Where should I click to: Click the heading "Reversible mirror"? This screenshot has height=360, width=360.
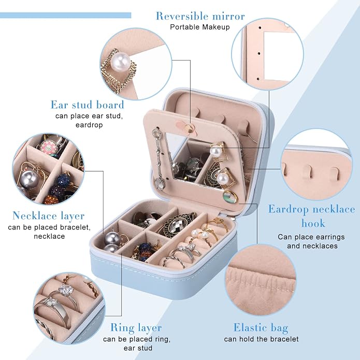200,16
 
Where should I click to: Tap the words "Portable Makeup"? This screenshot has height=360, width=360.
200,27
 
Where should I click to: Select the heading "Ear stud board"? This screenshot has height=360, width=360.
87,105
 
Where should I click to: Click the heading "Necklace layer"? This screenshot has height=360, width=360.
49,215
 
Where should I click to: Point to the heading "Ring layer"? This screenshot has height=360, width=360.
136,328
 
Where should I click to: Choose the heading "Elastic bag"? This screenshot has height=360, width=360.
261,328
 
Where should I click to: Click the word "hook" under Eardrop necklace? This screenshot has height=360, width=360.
313,223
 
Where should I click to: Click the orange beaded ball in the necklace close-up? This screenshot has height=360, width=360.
51,200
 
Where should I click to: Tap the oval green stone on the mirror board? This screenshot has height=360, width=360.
231,197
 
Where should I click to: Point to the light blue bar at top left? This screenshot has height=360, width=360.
65,16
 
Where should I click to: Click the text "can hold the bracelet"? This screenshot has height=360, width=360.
261,339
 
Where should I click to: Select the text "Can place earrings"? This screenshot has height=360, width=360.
311,237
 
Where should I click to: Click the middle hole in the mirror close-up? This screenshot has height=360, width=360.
259,54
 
